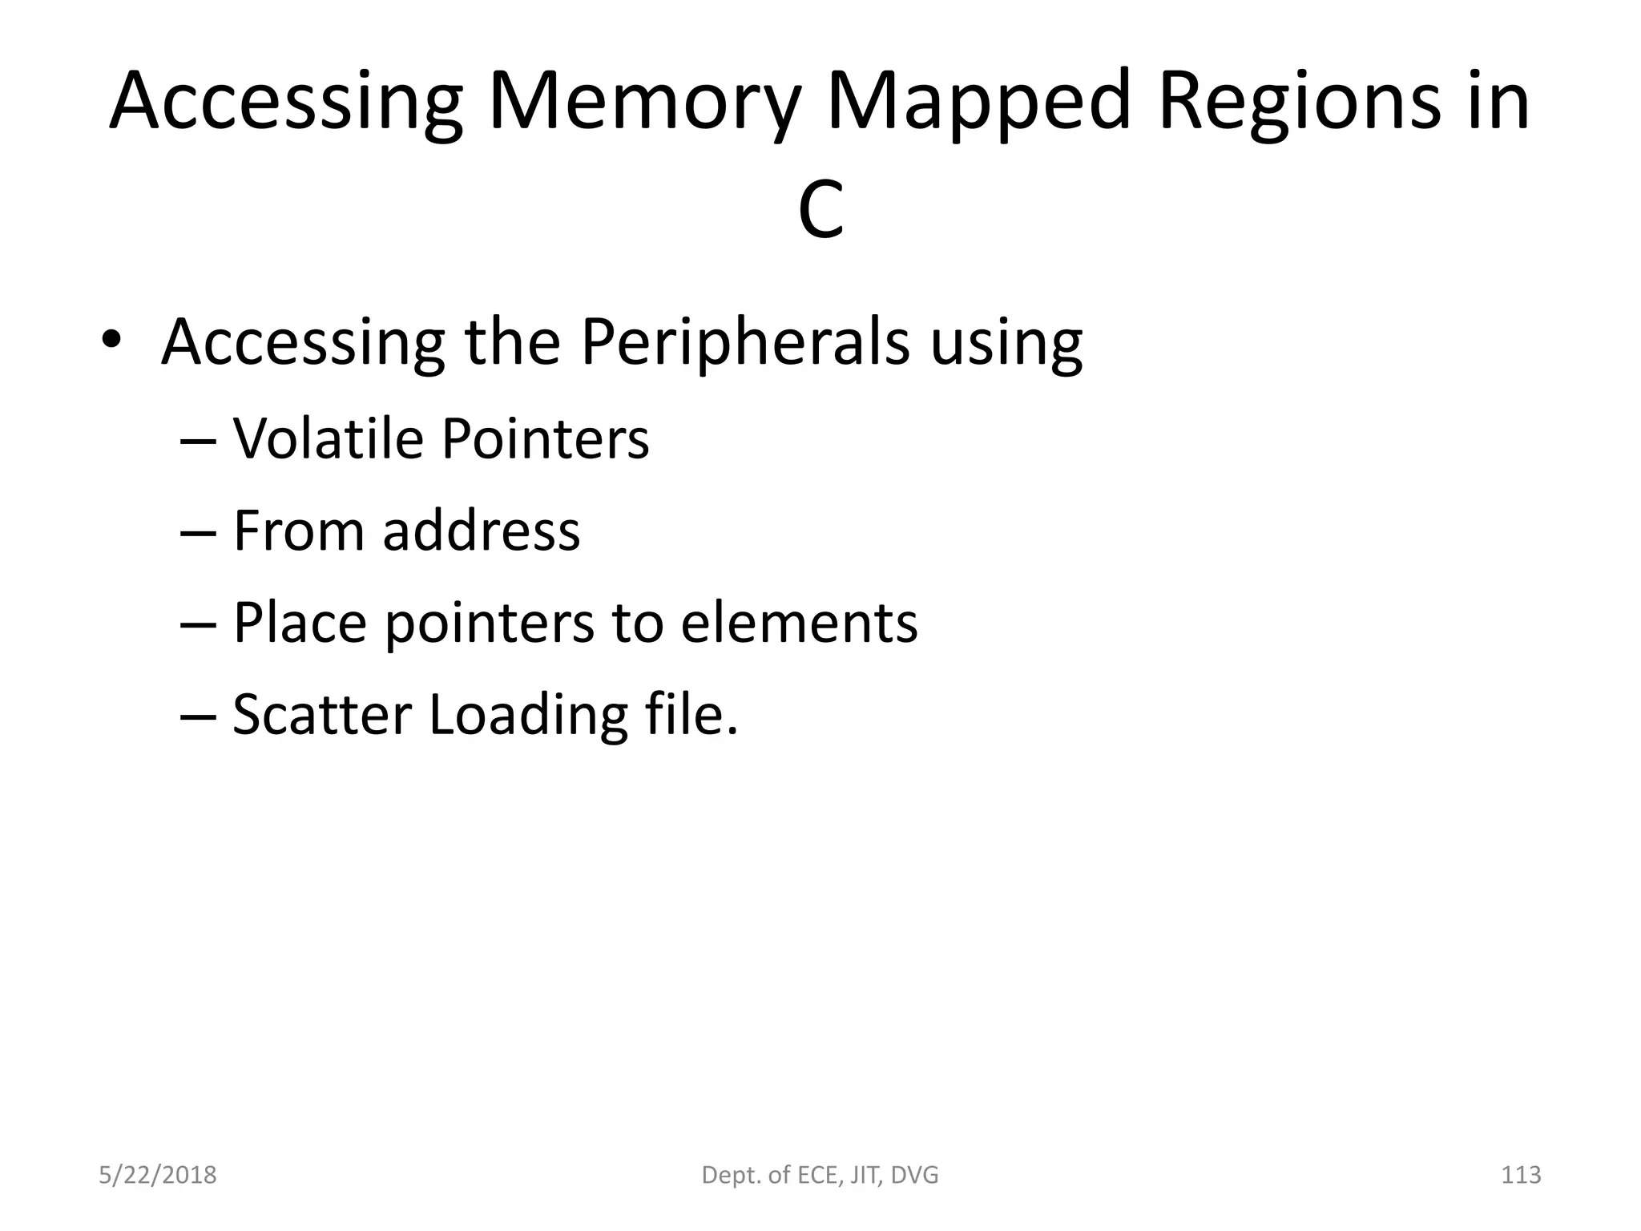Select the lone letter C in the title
tap(820, 210)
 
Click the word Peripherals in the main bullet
tap(744, 343)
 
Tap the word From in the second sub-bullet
tap(300, 531)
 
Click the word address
tap(481, 531)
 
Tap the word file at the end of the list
tap(689, 715)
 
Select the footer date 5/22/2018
tap(158, 1175)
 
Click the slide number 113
tap(1521, 1175)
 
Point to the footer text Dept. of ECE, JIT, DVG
tap(820, 1175)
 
